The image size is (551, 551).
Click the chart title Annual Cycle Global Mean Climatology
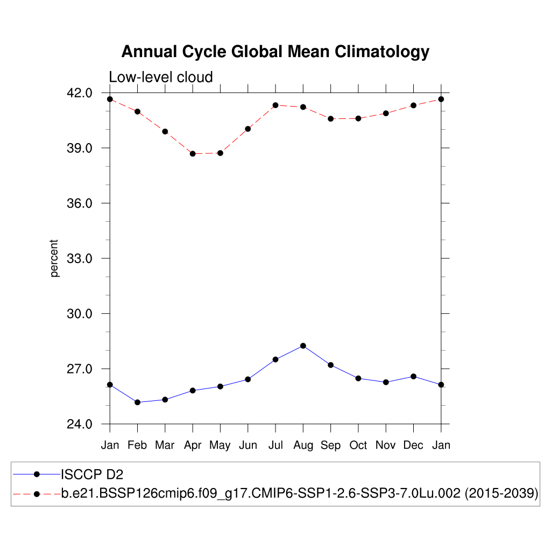click(275, 52)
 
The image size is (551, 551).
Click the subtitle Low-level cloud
click(160, 77)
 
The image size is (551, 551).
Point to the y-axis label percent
click(54, 258)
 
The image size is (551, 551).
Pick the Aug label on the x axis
click(303, 446)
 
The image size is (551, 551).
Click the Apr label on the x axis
click(193, 446)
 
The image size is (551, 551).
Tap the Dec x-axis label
click(413, 446)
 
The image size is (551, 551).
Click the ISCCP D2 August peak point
click(303, 345)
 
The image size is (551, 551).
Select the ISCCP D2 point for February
click(137, 402)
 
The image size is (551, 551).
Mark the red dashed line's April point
click(193, 154)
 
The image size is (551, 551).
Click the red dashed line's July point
click(275, 105)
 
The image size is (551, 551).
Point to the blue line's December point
click(413, 376)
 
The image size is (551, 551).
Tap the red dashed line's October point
click(358, 118)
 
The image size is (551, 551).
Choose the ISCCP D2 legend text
click(93, 474)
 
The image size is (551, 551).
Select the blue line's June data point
click(248, 379)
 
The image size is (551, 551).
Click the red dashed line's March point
click(165, 131)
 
